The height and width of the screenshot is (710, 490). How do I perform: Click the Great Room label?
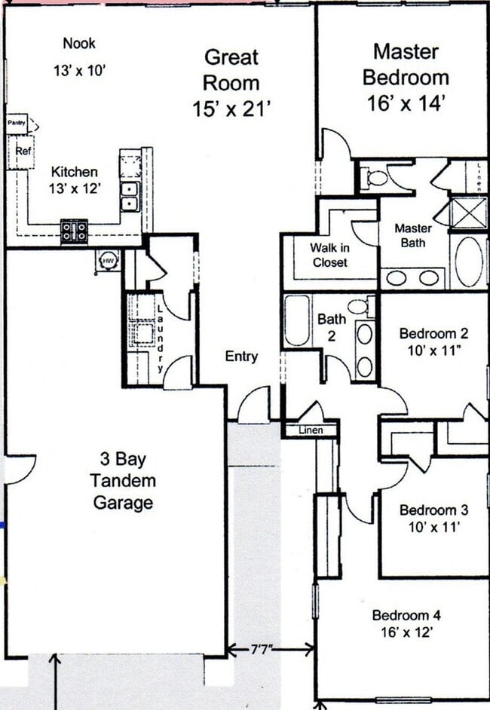(x=231, y=69)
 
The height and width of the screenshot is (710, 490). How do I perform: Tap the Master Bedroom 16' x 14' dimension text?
(x=406, y=103)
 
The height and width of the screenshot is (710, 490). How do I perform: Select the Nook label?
(x=79, y=44)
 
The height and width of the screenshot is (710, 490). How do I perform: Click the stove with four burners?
(x=74, y=230)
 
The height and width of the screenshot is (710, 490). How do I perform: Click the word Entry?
(x=241, y=357)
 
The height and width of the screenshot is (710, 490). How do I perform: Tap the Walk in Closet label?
(x=329, y=255)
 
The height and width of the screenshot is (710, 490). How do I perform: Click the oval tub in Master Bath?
(x=469, y=262)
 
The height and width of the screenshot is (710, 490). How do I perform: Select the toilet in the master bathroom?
(x=375, y=179)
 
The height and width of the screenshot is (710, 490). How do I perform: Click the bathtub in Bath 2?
(x=296, y=321)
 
